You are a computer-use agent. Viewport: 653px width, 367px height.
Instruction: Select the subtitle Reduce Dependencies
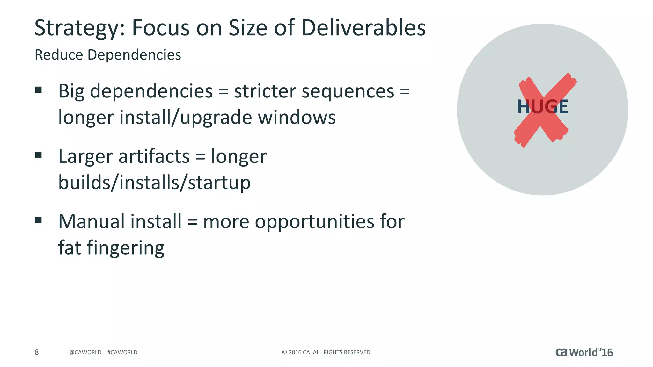coord(108,55)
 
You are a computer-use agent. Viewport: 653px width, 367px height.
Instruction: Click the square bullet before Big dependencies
coord(39,90)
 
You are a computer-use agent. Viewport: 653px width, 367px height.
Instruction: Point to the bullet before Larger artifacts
coord(39,155)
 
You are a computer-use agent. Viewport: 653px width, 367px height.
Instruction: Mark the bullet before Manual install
coord(39,220)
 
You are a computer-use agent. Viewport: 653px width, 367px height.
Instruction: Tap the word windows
coord(297,118)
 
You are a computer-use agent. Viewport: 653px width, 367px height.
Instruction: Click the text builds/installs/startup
coord(154,183)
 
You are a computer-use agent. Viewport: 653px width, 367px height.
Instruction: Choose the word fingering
coord(125,248)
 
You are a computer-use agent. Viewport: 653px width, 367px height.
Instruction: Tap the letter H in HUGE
coord(523,107)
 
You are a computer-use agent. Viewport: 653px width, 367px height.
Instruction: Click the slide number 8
coord(37,352)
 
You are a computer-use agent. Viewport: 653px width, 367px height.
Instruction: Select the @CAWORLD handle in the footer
coord(85,352)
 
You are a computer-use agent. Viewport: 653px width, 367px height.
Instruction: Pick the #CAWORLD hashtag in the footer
coord(122,352)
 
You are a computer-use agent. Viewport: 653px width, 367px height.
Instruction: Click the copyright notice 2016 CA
coord(327,352)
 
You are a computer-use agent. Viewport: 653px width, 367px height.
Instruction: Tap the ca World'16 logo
coord(584,352)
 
